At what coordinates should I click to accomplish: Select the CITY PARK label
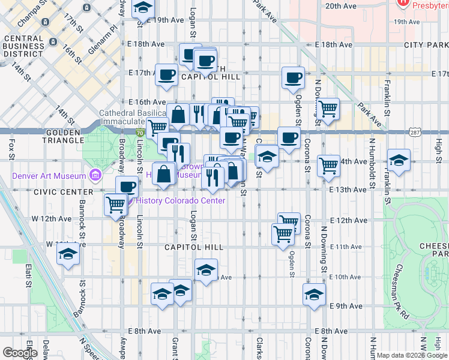[x=426, y=45]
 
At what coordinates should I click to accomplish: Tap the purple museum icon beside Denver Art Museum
[x=95, y=175]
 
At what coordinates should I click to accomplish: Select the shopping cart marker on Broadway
[x=116, y=204]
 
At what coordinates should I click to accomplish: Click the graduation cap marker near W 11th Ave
[x=68, y=254]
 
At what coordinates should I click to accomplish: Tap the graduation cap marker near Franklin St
[x=399, y=160]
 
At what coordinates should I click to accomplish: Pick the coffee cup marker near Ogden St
[x=293, y=77]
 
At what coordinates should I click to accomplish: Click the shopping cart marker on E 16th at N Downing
[x=328, y=109]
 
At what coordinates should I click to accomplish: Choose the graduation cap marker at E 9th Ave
[x=314, y=295]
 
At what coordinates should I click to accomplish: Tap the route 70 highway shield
[x=140, y=133]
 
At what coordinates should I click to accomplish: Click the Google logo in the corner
[x=20, y=353]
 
